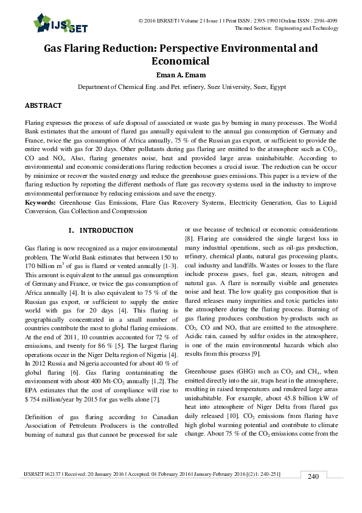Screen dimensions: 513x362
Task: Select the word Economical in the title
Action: (x=180, y=61)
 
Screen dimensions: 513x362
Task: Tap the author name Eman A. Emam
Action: (x=180, y=76)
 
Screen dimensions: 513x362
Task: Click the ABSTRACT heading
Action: (x=43, y=105)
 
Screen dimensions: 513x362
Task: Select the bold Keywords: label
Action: (x=41, y=202)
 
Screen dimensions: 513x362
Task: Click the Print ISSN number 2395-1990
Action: (x=246, y=21)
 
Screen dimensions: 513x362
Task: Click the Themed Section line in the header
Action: (x=286, y=28)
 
